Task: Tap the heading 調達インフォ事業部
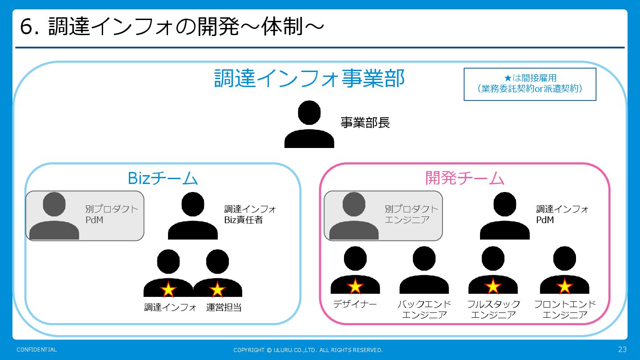(309, 79)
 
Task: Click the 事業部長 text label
(365, 123)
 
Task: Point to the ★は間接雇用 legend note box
(530, 84)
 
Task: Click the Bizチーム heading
(163, 178)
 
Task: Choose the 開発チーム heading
(465, 178)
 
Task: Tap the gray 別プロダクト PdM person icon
(54, 216)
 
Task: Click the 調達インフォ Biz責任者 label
(250, 214)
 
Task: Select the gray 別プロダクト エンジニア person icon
(354, 216)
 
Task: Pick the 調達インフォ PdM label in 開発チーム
(562, 214)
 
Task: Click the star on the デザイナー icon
(355, 287)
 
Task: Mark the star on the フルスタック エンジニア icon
(493, 287)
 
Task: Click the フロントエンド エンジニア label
(565, 310)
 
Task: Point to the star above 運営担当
(217, 290)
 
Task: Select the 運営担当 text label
(224, 307)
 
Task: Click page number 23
(622, 349)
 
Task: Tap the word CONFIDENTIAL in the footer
(37, 350)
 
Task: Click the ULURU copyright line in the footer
(308, 350)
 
